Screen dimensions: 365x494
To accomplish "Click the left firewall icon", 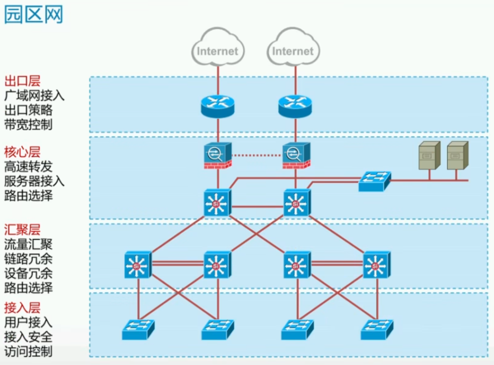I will coord(218,155).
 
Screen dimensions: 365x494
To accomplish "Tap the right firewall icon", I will coord(296,155).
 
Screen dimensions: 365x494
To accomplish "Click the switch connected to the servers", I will coord(374,181).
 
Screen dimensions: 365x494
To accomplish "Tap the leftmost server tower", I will coord(429,155).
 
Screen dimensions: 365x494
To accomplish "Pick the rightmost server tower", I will coord(457,155).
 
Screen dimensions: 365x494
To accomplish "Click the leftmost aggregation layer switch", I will coord(137,265).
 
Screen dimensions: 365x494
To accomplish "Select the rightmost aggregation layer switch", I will coord(376,265).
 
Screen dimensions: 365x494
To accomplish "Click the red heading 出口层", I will coord(22,81).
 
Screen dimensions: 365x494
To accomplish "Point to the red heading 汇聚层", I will coord(22,230).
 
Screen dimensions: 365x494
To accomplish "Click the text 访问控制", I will coord(28,351).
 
